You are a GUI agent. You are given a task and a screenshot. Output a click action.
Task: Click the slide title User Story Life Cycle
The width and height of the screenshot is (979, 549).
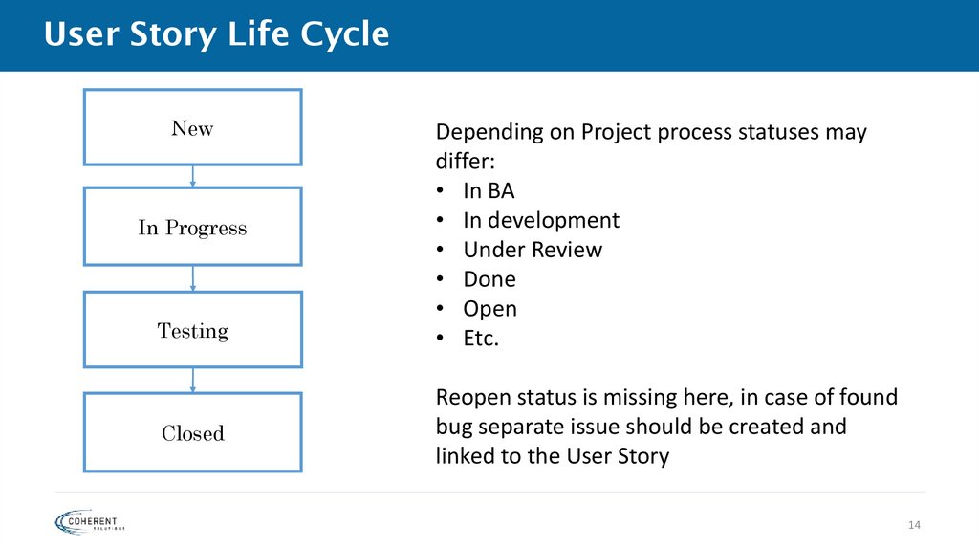coord(217,34)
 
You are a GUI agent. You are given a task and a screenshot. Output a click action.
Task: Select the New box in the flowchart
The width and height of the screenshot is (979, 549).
coord(193,128)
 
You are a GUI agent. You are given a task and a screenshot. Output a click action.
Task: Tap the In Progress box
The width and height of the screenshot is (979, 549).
coord(193,227)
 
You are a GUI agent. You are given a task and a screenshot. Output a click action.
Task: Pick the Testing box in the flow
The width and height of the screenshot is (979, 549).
coord(193,330)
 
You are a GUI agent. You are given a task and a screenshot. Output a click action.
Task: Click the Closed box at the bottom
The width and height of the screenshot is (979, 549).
coord(193,432)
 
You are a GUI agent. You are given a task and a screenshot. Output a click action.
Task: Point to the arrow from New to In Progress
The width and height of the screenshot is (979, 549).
coord(193,176)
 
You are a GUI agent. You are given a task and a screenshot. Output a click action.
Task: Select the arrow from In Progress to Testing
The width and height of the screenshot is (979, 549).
coord(193,278)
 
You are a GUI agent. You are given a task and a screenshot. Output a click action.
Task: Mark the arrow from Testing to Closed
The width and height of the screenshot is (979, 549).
coord(193,380)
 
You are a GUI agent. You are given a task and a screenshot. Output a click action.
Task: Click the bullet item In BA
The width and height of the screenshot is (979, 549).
coord(489,190)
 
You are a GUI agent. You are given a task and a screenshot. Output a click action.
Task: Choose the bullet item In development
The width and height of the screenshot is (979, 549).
coord(541,220)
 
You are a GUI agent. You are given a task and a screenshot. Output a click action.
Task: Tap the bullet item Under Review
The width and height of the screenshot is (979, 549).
coord(533,250)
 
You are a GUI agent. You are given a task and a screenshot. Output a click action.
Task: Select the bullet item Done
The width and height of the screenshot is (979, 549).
coord(489,279)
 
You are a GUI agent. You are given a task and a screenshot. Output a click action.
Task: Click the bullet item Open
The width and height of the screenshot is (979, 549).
coord(489,309)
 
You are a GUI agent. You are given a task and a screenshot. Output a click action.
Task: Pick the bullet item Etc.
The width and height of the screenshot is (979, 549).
coord(481,339)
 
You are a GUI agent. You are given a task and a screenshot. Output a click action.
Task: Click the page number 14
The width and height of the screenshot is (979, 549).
coord(913,525)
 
